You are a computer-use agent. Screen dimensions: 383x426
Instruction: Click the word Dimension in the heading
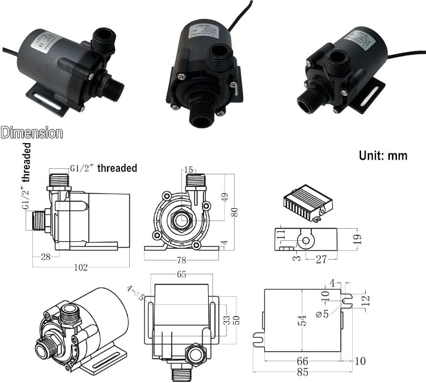32,133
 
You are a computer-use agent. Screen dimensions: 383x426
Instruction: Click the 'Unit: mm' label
383,155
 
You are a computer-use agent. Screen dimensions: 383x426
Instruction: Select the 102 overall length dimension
81,268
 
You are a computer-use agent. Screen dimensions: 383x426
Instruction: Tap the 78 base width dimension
181,260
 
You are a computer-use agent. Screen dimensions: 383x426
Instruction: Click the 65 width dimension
181,275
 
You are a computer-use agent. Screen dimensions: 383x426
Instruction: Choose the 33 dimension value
227,319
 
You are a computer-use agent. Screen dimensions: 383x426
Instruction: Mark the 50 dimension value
238,319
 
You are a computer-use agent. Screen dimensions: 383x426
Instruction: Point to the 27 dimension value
321,260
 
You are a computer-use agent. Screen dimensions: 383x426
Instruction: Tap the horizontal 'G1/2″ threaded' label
103,168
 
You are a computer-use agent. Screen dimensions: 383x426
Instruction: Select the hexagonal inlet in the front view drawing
181,220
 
